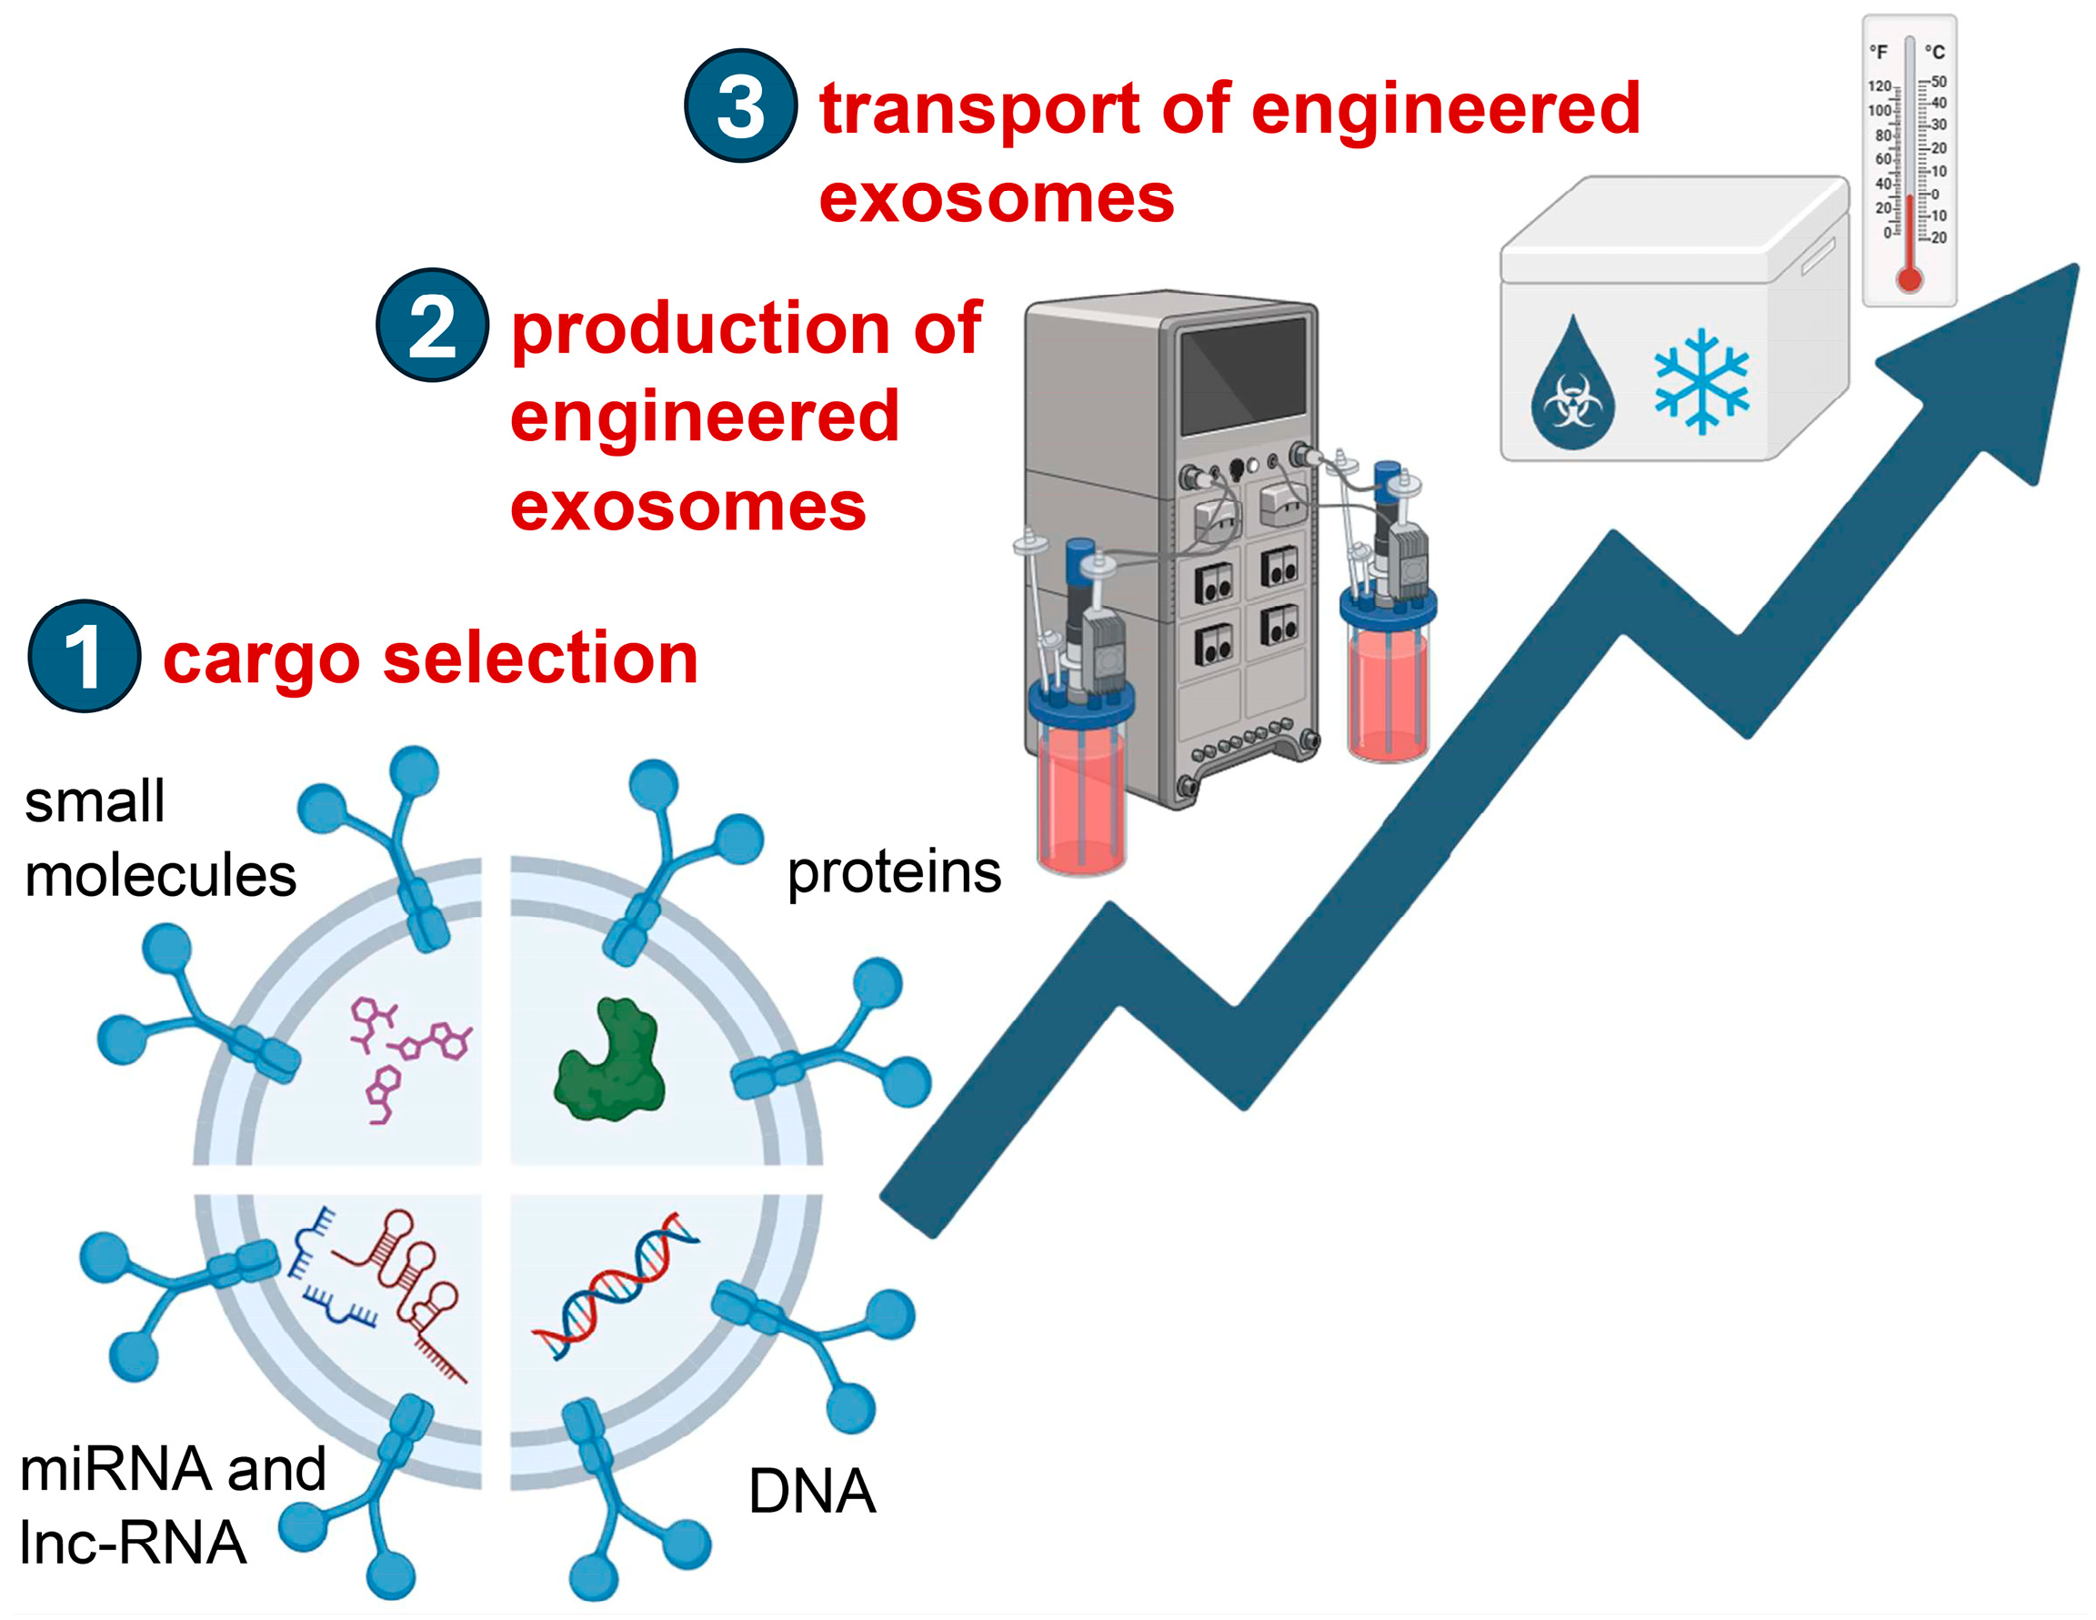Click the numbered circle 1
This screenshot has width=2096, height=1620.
click(x=85, y=657)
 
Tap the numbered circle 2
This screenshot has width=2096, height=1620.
click(x=432, y=326)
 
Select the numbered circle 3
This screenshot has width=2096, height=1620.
click(x=740, y=106)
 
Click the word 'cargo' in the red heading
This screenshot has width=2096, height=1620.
click(x=260, y=660)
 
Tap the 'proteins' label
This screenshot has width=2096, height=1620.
click(x=894, y=873)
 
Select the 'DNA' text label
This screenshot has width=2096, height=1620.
click(x=812, y=1492)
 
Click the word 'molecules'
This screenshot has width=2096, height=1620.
click(x=160, y=876)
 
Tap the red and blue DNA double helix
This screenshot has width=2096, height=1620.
click(x=614, y=1286)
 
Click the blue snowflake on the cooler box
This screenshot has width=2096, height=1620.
click(x=1701, y=381)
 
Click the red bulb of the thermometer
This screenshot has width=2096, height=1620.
click(x=1910, y=279)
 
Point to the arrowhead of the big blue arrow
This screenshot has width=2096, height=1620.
click(x=1996, y=355)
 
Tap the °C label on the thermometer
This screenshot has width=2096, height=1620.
click(x=1935, y=52)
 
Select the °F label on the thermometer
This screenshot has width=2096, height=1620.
click(x=1879, y=52)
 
